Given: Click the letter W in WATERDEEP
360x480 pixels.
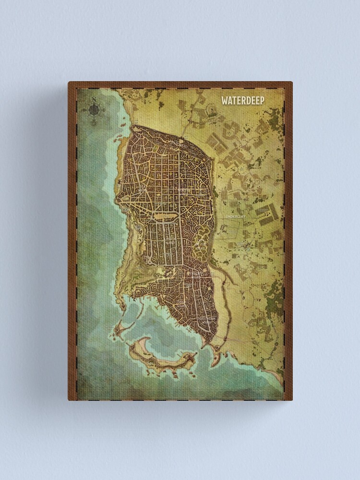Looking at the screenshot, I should [x=224, y=101].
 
